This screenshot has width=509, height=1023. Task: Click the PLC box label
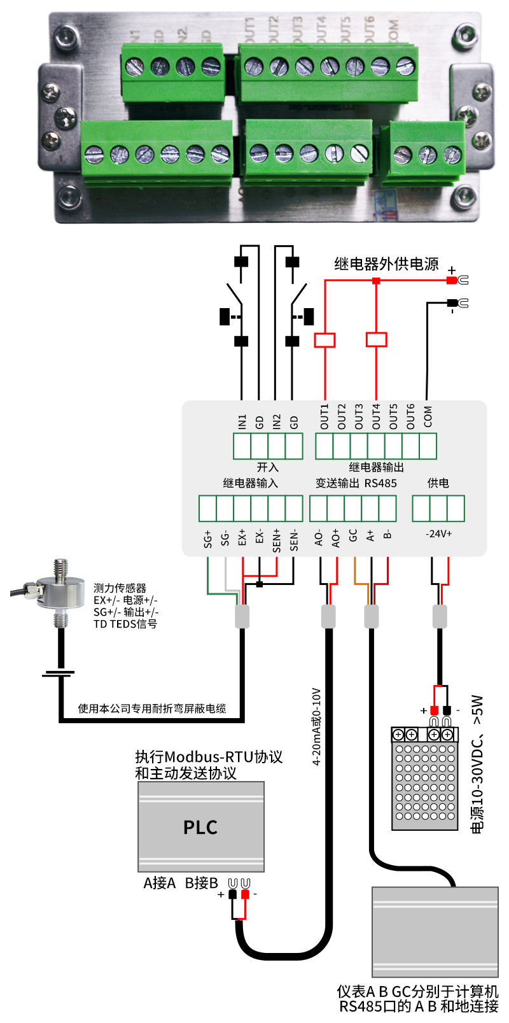(200, 828)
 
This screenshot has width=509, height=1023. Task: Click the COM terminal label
(428, 416)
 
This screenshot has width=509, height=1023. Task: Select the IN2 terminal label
(276, 421)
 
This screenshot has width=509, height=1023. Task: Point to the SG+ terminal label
(207, 539)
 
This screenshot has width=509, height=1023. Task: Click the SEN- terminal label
(294, 539)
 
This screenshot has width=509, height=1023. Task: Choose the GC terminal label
(353, 535)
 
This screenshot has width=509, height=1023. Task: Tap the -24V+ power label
(438, 533)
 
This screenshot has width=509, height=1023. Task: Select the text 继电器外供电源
(386, 264)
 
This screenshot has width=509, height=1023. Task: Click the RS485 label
(380, 483)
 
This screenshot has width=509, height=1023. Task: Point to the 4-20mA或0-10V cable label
(316, 726)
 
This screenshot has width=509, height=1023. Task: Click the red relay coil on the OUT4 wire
(376, 339)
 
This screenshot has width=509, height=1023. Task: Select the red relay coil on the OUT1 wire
(324, 340)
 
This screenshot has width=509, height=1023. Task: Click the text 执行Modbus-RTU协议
(209, 757)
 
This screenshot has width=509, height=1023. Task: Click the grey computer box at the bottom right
(435, 932)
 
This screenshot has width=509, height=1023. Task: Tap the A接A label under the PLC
(159, 883)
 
